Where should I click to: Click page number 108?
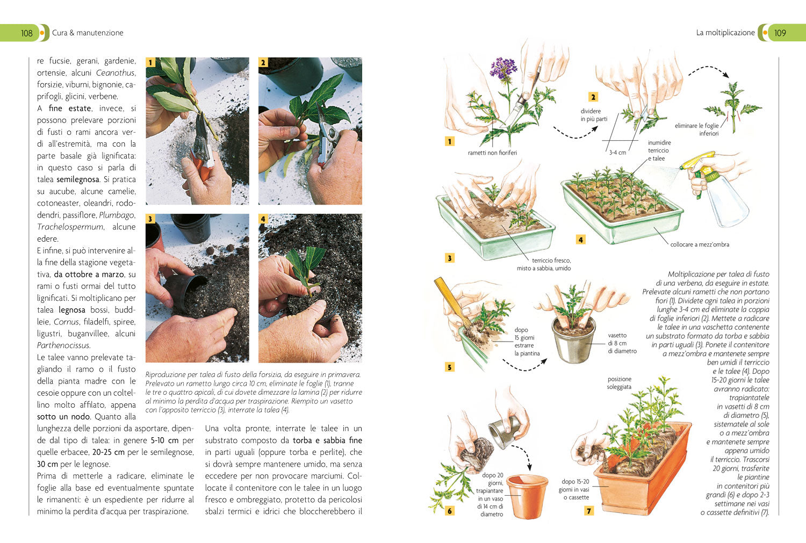27,33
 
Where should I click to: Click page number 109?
780,33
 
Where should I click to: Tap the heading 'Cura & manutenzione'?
88,33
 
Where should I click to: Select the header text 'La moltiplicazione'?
725,33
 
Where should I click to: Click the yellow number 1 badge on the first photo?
150,62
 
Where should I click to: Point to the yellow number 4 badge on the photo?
263,219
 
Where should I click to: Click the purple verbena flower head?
503,68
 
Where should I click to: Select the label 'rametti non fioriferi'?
492,153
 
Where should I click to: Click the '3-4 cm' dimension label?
617,153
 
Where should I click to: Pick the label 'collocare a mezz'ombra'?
700,244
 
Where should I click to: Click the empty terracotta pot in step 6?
527,496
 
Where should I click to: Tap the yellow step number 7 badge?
589,511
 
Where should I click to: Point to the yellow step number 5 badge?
449,367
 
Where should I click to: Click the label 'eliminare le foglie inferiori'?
696,129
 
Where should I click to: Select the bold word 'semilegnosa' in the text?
78,179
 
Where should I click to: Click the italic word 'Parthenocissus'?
63,345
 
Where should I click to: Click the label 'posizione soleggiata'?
619,383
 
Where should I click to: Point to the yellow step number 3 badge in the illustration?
449,258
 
